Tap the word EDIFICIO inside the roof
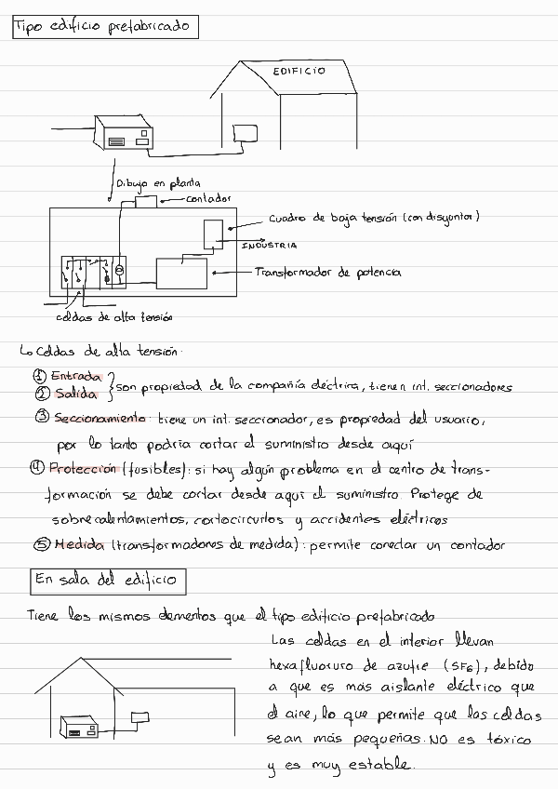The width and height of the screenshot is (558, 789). pos(299,72)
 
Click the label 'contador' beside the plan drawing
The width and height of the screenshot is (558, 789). pos(208,198)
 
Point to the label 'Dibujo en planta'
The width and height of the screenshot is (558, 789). pos(158,183)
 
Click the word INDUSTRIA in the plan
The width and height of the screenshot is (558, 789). pos(270,246)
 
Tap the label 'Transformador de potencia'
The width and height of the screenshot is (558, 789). pos(327,273)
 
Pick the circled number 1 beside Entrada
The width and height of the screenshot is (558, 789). pos(39,376)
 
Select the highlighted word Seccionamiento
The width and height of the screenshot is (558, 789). pos(100,418)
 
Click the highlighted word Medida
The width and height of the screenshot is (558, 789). pos(79,545)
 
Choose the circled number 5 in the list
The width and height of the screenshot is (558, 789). pos(41,546)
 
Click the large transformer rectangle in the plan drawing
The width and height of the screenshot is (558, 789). pos(181,273)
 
